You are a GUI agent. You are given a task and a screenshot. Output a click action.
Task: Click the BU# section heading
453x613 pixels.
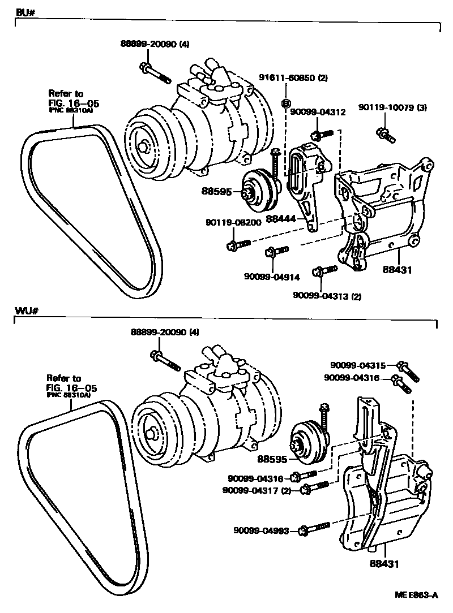pyautogui.click(x=22, y=12)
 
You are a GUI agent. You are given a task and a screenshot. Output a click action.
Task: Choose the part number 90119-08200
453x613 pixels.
pyautogui.click(x=233, y=223)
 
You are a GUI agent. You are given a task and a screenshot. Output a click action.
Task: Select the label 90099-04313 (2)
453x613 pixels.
pyautogui.click(x=327, y=295)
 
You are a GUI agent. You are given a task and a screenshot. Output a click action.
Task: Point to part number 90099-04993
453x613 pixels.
pyautogui.click(x=261, y=530)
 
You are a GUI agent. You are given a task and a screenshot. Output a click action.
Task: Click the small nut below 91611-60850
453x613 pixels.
pyautogui.click(x=286, y=103)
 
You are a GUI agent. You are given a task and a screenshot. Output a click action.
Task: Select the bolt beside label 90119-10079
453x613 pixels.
pyautogui.click(x=386, y=135)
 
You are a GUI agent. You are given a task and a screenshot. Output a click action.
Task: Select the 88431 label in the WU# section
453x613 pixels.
pyautogui.click(x=384, y=563)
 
